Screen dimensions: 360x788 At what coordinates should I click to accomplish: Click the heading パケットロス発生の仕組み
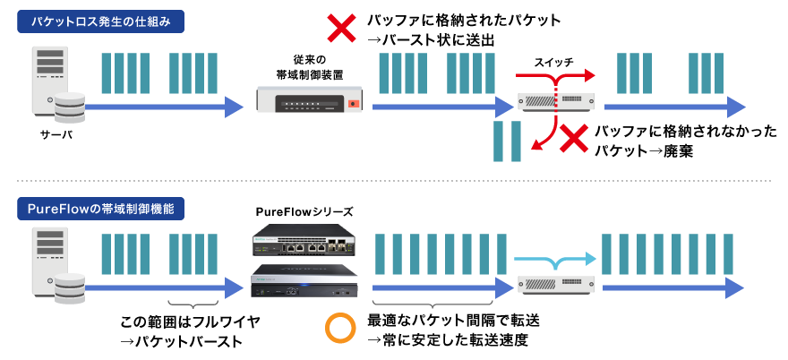coord(100,21)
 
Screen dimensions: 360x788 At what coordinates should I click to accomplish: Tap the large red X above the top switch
coord(341,28)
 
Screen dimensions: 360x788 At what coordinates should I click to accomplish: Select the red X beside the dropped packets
coord(573,139)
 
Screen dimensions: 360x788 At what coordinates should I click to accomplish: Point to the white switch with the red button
coord(309,99)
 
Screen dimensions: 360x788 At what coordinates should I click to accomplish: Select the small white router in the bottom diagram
coord(556,285)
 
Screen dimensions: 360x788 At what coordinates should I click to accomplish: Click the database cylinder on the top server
coord(69,108)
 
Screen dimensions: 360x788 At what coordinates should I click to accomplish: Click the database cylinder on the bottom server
coord(69,289)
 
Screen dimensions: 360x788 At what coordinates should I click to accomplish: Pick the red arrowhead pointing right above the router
coord(587,74)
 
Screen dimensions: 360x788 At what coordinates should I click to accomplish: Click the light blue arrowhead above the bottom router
coord(588,259)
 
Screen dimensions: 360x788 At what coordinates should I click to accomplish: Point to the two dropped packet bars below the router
coord(507,141)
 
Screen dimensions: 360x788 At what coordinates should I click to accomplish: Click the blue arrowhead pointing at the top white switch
coord(235,107)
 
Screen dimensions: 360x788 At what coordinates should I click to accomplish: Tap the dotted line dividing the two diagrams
coord(394,181)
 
